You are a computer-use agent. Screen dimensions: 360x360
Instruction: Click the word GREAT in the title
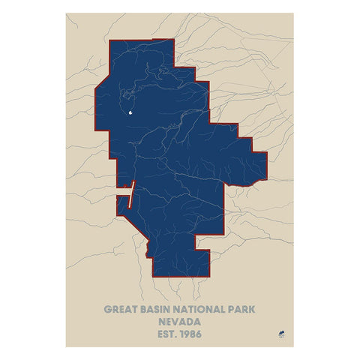[x=120, y=308]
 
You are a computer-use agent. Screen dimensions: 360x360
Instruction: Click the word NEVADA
[x=180, y=320]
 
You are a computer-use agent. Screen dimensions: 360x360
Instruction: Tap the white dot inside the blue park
[x=130, y=114]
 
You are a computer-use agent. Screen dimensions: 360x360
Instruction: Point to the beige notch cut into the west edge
[x=121, y=202]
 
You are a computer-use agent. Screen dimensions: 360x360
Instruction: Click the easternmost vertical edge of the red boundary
[x=266, y=169]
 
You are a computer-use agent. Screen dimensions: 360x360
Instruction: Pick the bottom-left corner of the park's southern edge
[x=152, y=277]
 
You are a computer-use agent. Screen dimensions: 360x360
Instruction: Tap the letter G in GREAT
[x=106, y=308]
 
